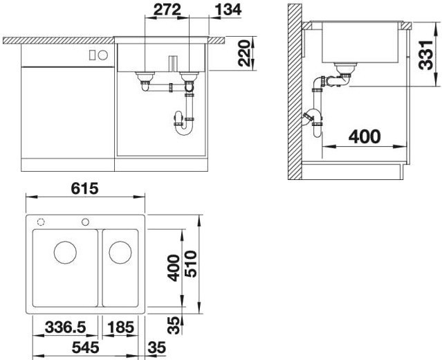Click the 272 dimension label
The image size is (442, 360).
167,10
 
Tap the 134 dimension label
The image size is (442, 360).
228,10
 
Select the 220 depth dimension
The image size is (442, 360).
244,53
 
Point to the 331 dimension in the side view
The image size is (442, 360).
425,55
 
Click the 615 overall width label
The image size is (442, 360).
84,188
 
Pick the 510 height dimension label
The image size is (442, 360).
190,264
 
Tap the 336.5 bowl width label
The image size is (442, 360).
66,327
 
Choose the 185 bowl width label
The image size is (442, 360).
120,327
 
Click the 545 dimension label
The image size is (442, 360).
85,348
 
